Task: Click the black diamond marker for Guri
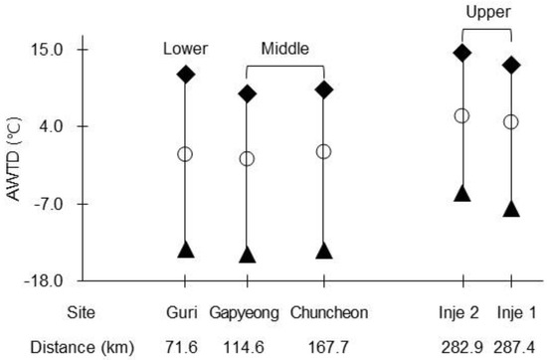185,74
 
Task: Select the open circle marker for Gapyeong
247,159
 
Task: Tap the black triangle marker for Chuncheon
324,251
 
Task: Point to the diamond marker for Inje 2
462,53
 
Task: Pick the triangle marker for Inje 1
511,209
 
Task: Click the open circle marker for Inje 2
461,115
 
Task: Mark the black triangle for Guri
186,249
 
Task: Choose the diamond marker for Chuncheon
324,90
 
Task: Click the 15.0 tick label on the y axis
47,50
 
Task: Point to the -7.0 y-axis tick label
49,204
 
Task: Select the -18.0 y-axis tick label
44,280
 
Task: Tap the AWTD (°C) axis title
14,159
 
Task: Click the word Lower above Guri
186,49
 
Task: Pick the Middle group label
285,49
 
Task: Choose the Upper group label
488,13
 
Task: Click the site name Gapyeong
245,313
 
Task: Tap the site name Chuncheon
329,312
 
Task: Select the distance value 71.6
181,347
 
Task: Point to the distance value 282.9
462,347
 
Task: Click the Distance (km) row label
82,347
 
